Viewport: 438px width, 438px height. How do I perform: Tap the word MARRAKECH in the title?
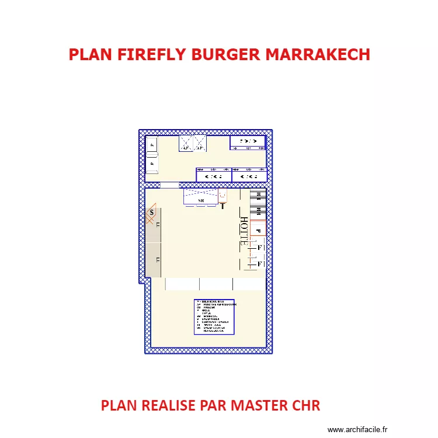pos(318,54)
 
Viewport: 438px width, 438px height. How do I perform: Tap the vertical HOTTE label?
pos(244,231)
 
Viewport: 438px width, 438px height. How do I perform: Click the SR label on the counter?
pos(201,201)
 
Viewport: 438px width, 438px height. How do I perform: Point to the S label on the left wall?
pos(152,213)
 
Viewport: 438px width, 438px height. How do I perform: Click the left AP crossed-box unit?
pos(186,144)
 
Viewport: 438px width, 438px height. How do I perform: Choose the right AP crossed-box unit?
pos(200,144)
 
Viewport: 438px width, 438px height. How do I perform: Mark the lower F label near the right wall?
pos(260,265)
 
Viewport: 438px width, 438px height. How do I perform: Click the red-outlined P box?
pos(258,230)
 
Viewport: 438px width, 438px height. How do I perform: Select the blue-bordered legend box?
pos(214,317)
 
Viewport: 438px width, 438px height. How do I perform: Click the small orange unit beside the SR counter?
pos(223,196)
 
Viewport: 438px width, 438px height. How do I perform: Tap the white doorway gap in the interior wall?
pos(169,185)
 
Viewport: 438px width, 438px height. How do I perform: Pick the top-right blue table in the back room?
pos(248,142)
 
